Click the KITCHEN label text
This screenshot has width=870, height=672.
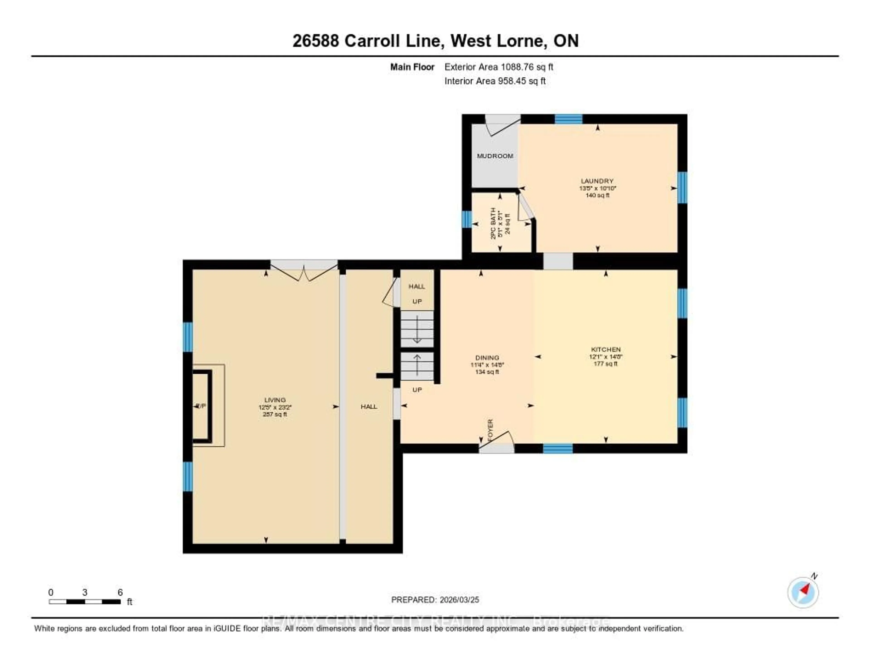point(606,349)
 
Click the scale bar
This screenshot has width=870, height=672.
point(85,602)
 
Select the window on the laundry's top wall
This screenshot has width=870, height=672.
point(568,119)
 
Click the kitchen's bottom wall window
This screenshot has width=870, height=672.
point(558,449)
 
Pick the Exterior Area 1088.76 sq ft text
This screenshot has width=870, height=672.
point(499,67)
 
